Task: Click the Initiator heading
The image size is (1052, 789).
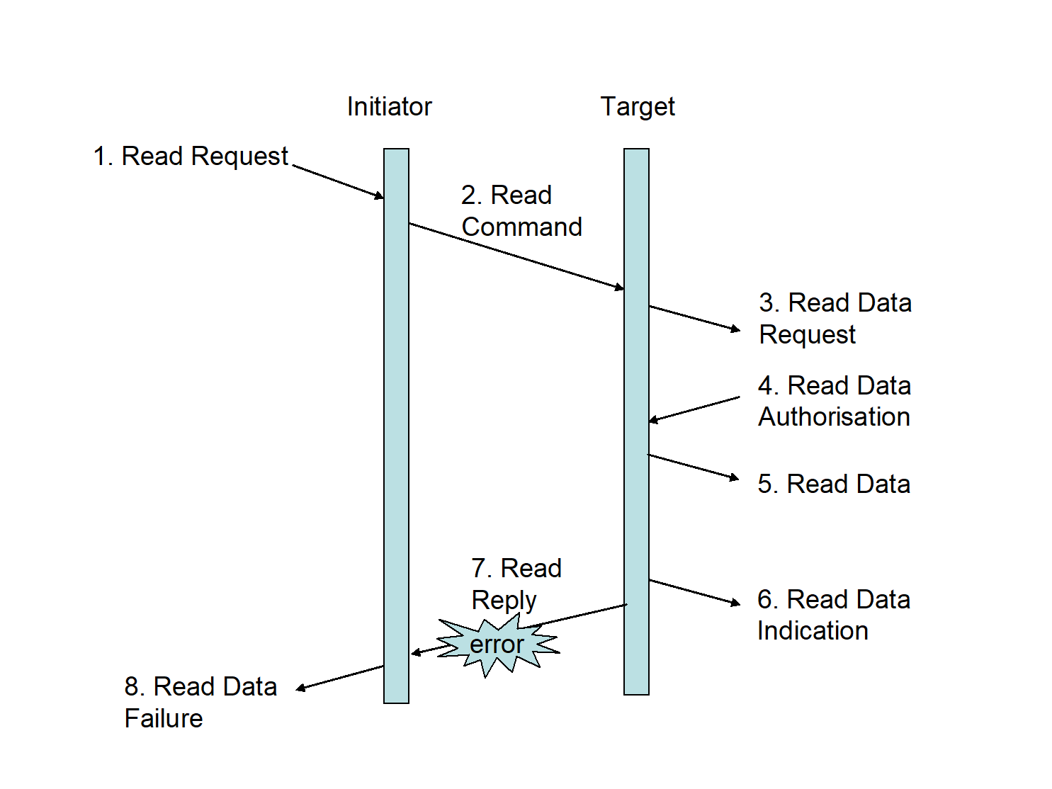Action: pyautogui.click(x=389, y=107)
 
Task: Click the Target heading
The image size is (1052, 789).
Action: pyautogui.click(x=637, y=107)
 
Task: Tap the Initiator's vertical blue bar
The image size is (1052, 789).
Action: pyautogui.click(x=396, y=425)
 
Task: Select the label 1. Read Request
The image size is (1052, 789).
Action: pyautogui.click(x=191, y=157)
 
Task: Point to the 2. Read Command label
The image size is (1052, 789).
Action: pyautogui.click(x=521, y=211)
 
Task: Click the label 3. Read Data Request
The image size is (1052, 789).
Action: pyautogui.click(x=835, y=318)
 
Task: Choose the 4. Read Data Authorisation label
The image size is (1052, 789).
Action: pyautogui.click(x=834, y=401)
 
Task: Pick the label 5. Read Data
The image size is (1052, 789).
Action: pyautogui.click(x=834, y=484)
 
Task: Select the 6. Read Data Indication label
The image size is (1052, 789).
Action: pyautogui.click(x=833, y=615)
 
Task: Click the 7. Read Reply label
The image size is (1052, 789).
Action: pyautogui.click(x=516, y=584)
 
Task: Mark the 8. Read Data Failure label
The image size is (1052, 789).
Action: pyautogui.click(x=200, y=702)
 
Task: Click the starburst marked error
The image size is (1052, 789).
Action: pyautogui.click(x=497, y=645)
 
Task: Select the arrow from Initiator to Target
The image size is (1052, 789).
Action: pyautogui.click(x=516, y=256)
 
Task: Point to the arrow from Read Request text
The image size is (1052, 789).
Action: pyautogui.click(x=339, y=182)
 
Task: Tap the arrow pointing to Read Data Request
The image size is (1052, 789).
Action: pyautogui.click(x=694, y=318)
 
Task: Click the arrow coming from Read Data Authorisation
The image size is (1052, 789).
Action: pyautogui.click(x=694, y=409)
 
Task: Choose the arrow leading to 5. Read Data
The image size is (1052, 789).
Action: pyautogui.click(x=693, y=467)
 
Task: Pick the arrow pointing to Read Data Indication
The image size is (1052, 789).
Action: pyautogui.click(x=694, y=592)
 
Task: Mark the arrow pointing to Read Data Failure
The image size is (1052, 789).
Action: pyautogui.click(x=340, y=677)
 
